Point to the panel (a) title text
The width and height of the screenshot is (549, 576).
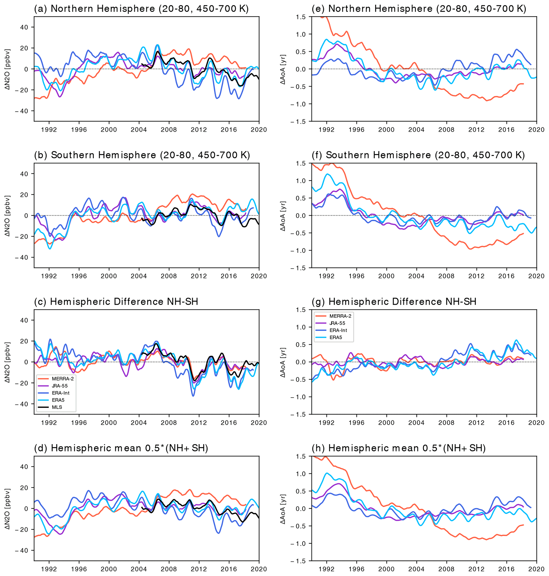(x=141, y=9)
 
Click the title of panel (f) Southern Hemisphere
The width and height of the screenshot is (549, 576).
(x=425, y=155)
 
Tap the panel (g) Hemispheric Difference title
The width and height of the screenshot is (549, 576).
(x=402, y=302)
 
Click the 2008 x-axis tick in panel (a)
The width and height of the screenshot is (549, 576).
(x=169, y=130)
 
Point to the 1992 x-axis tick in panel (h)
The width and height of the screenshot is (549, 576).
(x=327, y=569)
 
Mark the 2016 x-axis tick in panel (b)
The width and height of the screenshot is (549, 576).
(x=229, y=276)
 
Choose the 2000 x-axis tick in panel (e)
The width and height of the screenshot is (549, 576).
(x=386, y=130)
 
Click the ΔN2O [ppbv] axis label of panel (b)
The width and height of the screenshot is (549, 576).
(x=8, y=216)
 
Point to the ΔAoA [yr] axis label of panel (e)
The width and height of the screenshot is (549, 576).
(x=283, y=69)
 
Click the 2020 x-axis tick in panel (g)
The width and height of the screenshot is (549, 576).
(x=537, y=423)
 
